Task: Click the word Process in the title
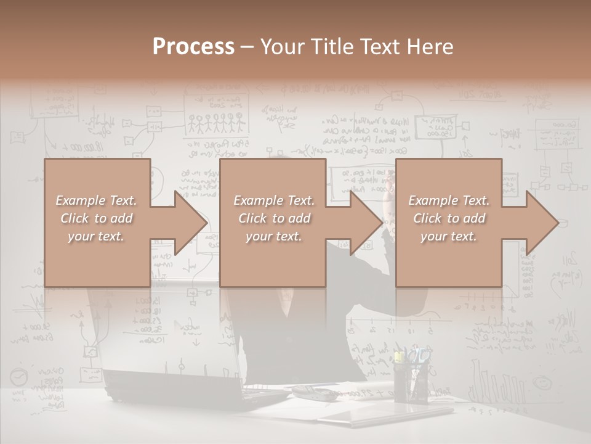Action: pos(193,46)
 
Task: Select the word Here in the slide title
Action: pos(429,46)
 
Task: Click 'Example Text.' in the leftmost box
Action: pos(97,200)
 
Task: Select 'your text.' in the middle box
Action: pos(274,236)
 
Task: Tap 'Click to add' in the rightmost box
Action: pos(449,218)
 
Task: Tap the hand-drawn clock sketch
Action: pos(20,376)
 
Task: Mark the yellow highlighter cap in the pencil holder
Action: pos(399,356)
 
